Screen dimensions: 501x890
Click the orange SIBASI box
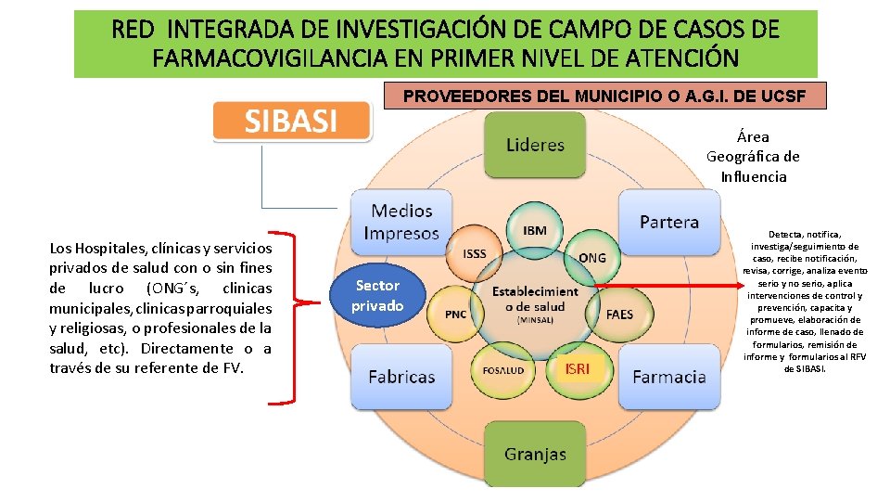(291, 121)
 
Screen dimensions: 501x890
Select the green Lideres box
(535, 145)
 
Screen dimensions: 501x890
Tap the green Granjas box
(535, 454)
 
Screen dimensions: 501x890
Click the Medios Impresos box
(401, 222)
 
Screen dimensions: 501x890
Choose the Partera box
(668, 222)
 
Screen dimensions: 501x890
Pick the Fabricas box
(401, 377)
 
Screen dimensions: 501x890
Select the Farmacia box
(668, 377)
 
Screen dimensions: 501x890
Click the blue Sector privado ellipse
(377, 295)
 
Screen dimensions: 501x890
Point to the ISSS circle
(474, 253)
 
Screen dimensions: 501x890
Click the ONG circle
(591, 257)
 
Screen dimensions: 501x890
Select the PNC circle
(455, 314)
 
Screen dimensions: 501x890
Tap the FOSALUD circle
(502, 370)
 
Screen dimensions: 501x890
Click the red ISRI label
(577, 369)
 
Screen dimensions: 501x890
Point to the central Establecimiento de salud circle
(535, 299)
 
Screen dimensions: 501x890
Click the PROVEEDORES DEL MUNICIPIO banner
(603, 95)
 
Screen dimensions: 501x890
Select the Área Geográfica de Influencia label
(753, 156)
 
